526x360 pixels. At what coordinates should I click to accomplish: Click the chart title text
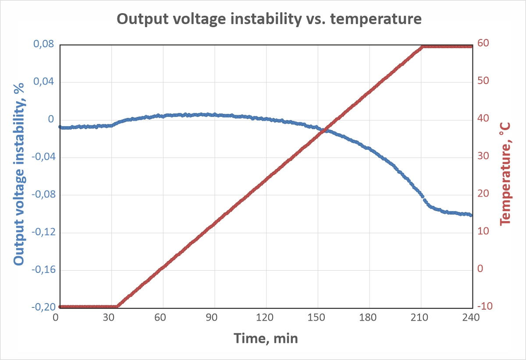click(x=269, y=19)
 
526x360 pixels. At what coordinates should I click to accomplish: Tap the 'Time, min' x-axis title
click(x=266, y=338)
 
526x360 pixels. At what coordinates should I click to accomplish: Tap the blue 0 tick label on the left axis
click(x=51, y=120)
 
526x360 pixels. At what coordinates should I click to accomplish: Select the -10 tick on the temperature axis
click(x=485, y=306)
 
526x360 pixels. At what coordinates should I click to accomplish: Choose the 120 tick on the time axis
click(x=266, y=318)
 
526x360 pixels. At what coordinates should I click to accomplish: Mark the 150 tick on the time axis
click(x=317, y=318)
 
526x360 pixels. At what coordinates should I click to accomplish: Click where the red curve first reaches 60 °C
click(x=423, y=46)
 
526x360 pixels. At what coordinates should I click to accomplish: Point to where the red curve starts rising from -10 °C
click(x=117, y=307)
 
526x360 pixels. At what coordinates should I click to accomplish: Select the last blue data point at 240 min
click(x=471, y=215)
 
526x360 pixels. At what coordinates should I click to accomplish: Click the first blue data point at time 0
click(x=60, y=127)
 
